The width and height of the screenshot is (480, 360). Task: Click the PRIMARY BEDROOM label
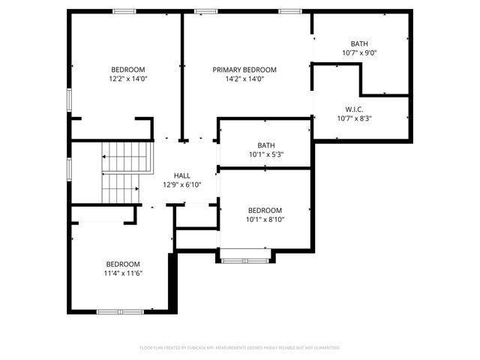[244, 69]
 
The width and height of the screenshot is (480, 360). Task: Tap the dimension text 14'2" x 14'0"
[244, 79]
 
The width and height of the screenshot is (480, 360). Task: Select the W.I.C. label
[354, 108]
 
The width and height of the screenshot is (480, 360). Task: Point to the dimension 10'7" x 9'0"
[359, 53]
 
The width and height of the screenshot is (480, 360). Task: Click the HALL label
[181, 175]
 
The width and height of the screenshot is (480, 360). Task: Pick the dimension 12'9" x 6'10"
[181, 184]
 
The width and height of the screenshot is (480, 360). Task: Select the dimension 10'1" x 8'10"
[265, 220]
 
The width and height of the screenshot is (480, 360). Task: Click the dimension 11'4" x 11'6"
[123, 274]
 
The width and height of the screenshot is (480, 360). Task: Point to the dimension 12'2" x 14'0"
[128, 79]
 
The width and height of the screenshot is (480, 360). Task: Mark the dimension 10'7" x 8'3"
[354, 118]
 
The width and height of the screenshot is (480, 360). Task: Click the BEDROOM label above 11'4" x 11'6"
[123, 264]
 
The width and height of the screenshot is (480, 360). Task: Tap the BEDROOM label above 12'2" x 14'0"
[128, 69]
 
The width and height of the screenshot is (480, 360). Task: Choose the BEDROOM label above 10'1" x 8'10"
[265, 210]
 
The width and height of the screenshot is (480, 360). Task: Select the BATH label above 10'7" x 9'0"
[359, 43]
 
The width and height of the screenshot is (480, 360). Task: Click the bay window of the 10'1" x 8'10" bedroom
[244, 260]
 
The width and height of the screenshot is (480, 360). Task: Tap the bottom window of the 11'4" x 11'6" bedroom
[120, 311]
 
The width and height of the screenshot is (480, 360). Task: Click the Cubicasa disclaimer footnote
[240, 347]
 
